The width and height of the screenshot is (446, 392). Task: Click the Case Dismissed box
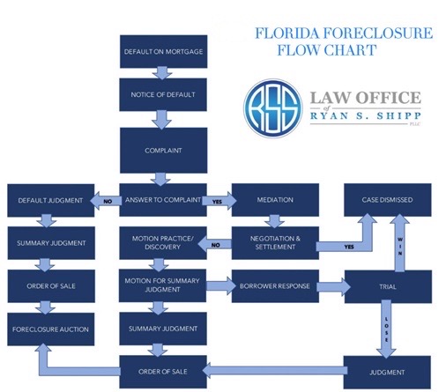tap(387, 200)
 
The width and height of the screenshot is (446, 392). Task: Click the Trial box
tap(387, 286)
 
